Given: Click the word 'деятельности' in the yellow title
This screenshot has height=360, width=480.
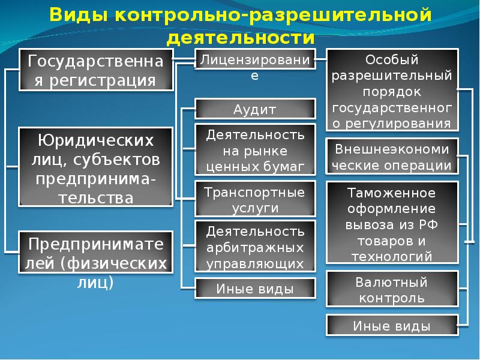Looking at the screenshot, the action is pyautogui.click(x=241, y=38).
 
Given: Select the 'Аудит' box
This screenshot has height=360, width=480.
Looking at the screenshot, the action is pyautogui.click(x=255, y=109).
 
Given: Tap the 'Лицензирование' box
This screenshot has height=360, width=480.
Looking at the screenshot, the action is pyautogui.click(x=255, y=59).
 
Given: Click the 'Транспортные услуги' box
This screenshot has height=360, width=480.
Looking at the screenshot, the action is pyautogui.click(x=255, y=199).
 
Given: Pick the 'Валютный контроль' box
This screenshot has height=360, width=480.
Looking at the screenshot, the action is pyautogui.click(x=392, y=289).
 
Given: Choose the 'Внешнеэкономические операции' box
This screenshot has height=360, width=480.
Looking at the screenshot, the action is pyautogui.click(x=392, y=157).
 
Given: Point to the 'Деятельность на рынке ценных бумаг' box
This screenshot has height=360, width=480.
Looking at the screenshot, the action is pyautogui.click(x=255, y=149).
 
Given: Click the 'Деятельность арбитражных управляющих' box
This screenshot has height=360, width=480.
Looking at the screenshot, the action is pyautogui.click(x=255, y=247).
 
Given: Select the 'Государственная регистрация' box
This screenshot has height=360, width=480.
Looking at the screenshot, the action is pyautogui.click(x=96, y=70).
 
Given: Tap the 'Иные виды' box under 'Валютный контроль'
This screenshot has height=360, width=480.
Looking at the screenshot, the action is pyautogui.click(x=392, y=325).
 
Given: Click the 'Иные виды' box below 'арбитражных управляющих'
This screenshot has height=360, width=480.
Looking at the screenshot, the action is pyautogui.click(x=255, y=288).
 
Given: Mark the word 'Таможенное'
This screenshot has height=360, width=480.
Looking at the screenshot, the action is pyautogui.click(x=392, y=193).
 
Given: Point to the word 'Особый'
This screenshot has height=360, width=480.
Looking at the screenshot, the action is pyautogui.click(x=392, y=60).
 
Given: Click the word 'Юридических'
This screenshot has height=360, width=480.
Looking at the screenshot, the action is pyautogui.click(x=96, y=140).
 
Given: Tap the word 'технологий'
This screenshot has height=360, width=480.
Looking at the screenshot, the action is pyautogui.click(x=392, y=257).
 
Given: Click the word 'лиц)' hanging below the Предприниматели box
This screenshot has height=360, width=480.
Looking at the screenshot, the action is pyautogui.click(x=95, y=283).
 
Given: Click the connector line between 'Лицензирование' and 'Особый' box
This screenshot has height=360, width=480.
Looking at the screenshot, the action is pyautogui.click(x=321, y=59).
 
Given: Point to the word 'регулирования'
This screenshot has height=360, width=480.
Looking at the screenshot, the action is pyautogui.click(x=398, y=124).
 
